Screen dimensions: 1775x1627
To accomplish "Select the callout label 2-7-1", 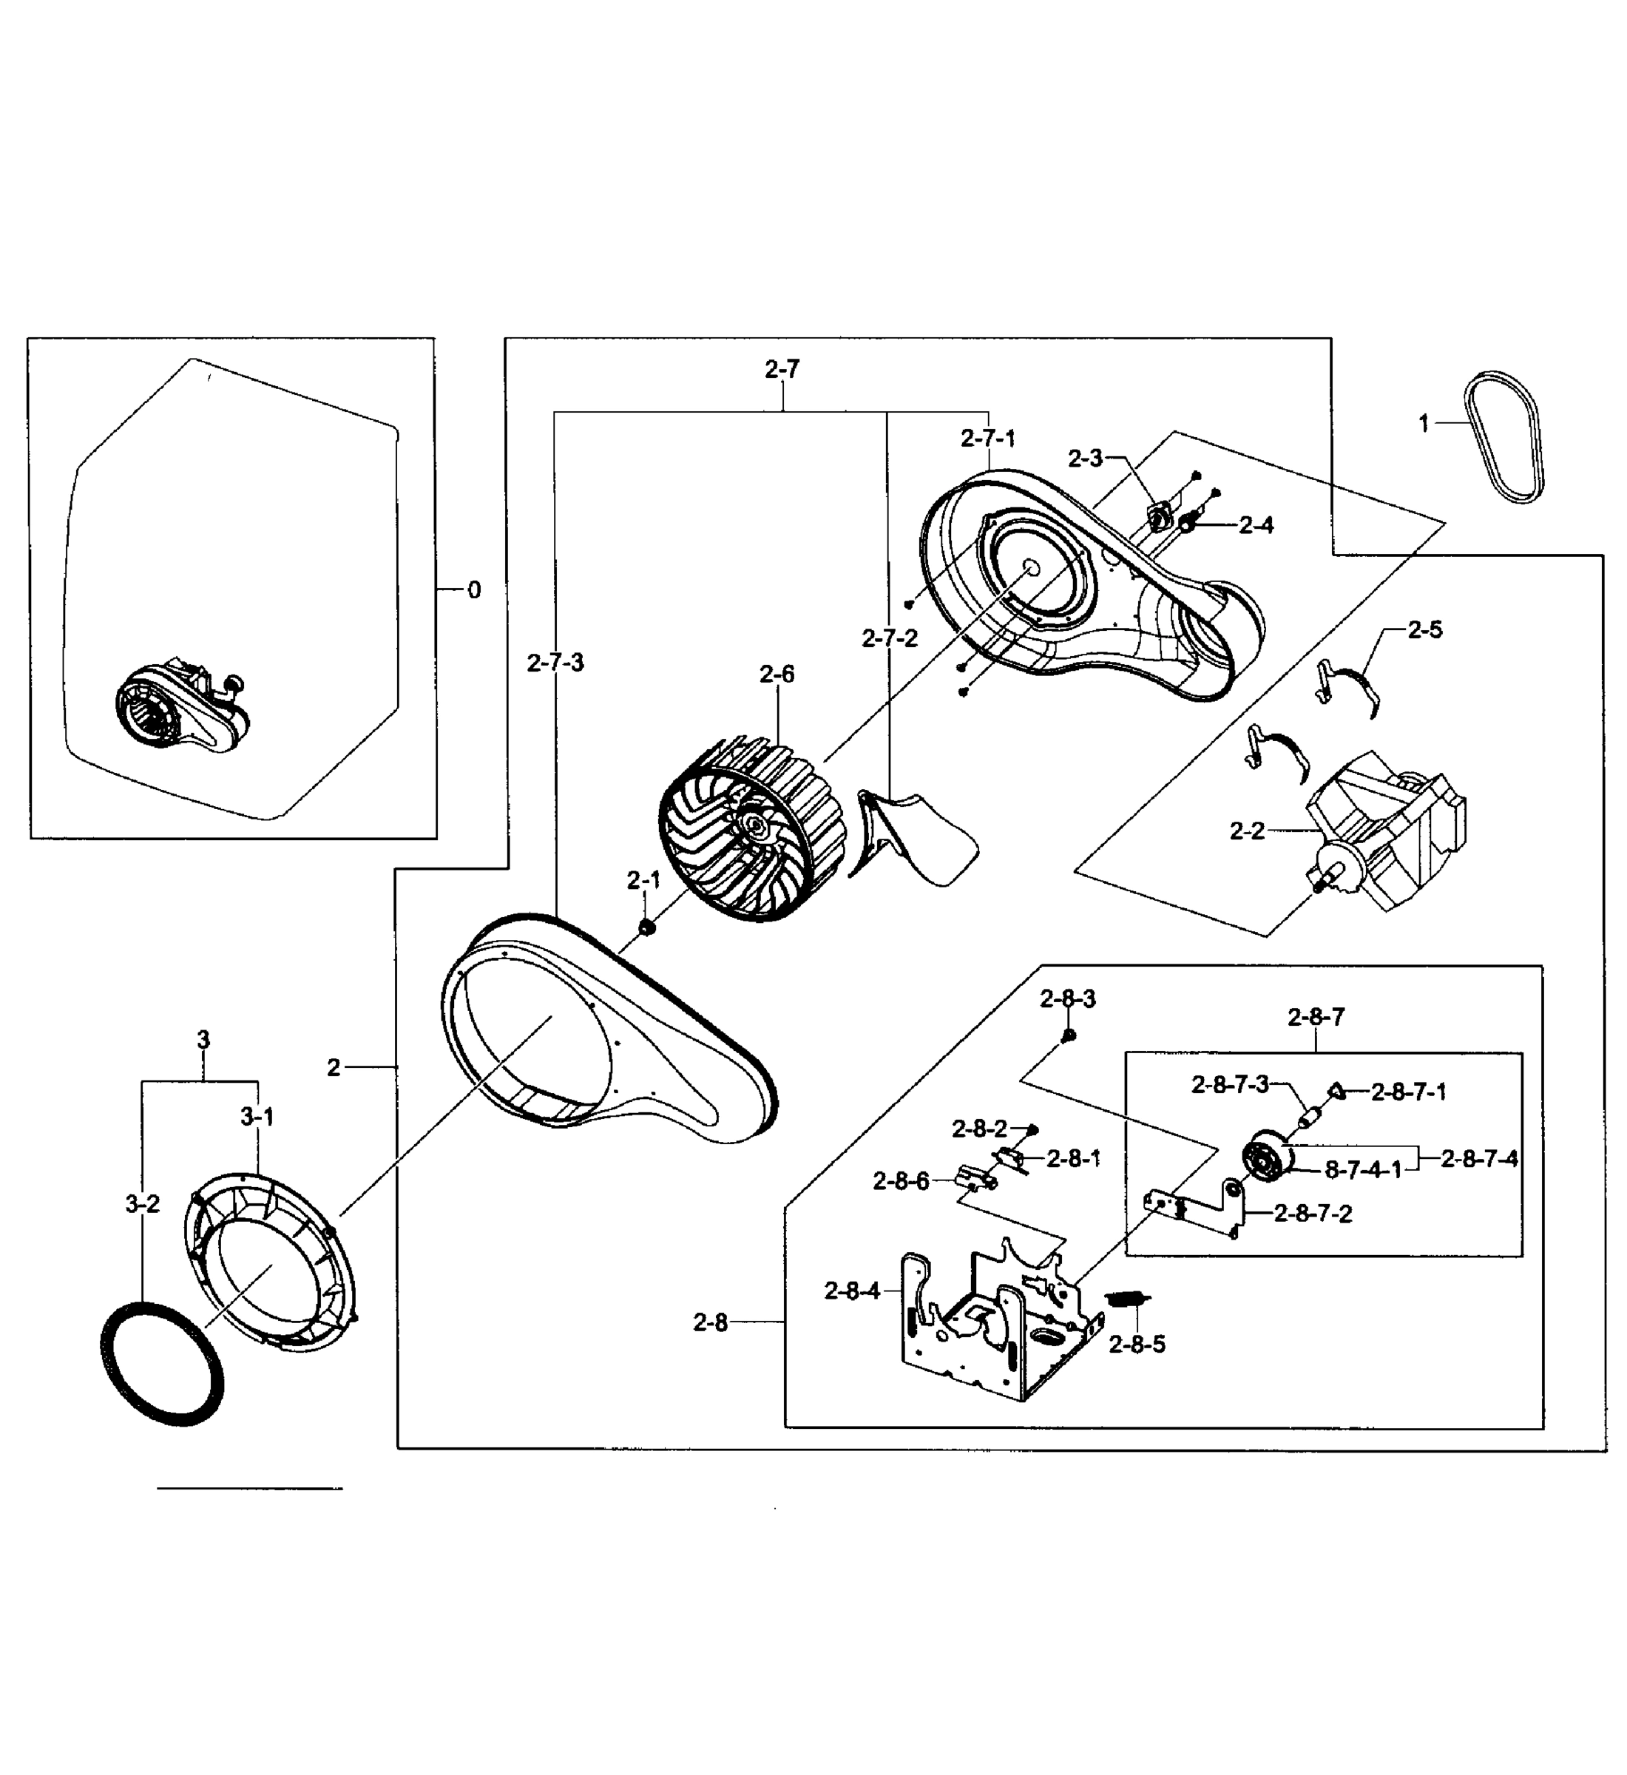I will [988, 438].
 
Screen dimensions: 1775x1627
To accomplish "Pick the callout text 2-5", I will [1424, 629].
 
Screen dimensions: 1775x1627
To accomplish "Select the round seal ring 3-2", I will [161, 1362].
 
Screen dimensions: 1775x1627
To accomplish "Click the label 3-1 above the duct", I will [257, 1117].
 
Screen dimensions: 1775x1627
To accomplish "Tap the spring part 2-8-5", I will [1127, 1299].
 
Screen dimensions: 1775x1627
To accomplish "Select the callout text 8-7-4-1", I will [1363, 1170].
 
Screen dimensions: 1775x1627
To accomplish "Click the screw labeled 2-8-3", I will [1068, 1035].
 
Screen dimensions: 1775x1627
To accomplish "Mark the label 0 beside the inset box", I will [473, 590].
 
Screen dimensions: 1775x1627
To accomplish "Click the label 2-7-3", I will [555, 663].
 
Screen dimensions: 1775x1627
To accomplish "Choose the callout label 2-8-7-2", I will [1312, 1213].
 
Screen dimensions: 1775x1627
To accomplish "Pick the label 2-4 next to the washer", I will [1256, 526].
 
